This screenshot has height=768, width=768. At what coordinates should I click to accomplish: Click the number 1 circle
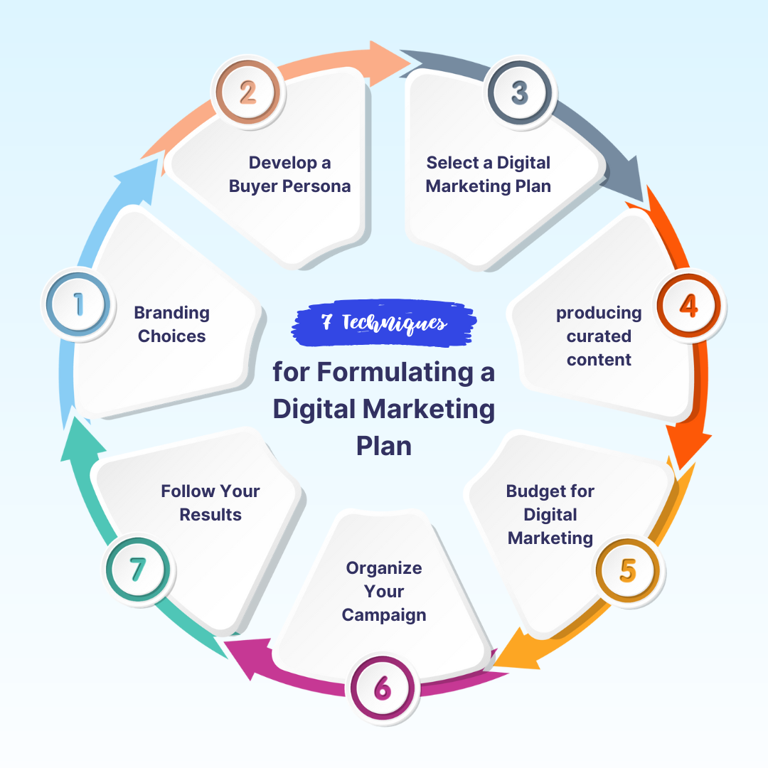(78, 304)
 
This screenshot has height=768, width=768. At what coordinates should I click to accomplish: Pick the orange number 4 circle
(688, 304)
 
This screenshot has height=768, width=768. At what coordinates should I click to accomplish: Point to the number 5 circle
(627, 570)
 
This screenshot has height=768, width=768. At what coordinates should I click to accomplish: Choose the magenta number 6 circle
(382, 688)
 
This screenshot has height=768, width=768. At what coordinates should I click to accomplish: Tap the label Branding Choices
(172, 324)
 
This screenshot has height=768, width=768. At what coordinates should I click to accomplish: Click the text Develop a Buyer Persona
(289, 175)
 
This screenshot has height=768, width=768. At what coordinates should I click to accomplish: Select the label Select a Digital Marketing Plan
(489, 175)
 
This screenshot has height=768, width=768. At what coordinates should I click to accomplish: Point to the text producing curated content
(599, 336)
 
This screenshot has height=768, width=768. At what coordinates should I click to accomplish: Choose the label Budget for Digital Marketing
(550, 515)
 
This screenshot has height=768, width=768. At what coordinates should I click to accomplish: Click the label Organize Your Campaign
(384, 592)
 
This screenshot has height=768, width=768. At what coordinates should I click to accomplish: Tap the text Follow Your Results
(210, 503)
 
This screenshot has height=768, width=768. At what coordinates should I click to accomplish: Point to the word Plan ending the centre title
(384, 446)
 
